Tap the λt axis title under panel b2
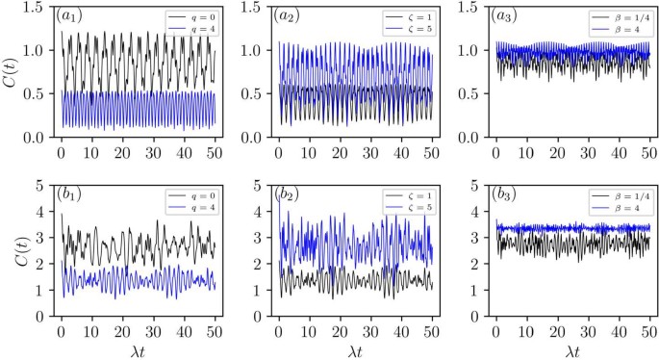pos(359,350)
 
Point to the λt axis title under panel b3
pos(575,350)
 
